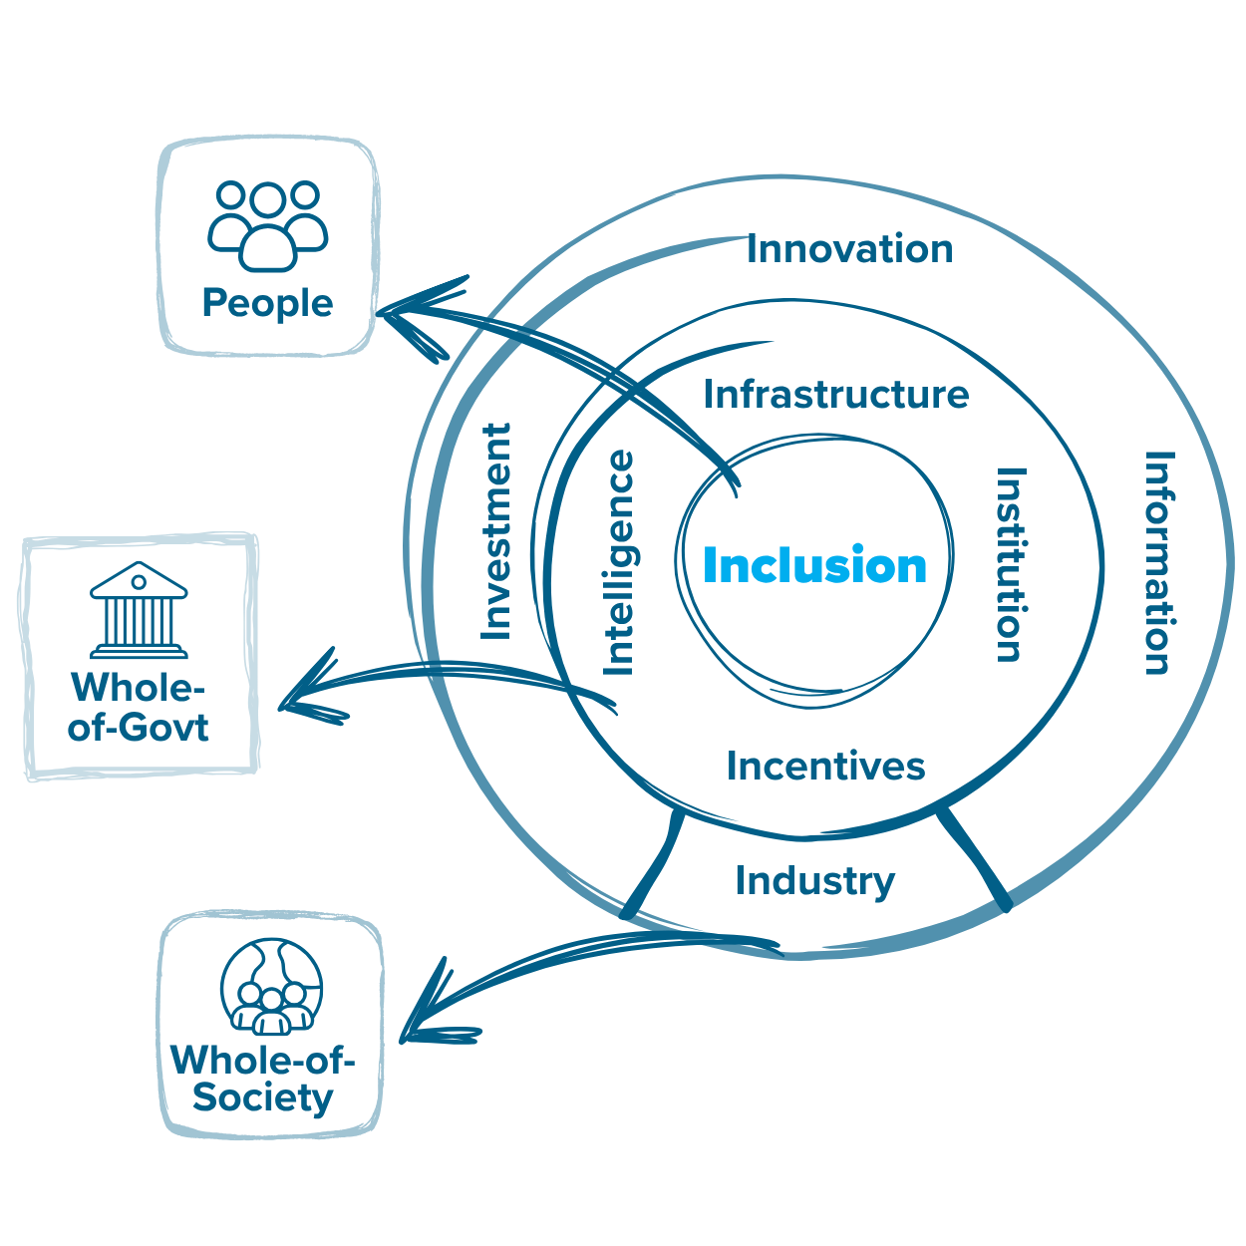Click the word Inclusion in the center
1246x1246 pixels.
[x=814, y=566]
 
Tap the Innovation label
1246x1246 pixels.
[x=849, y=249]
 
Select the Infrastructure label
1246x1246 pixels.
[x=835, y=395]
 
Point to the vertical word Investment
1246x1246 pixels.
[x=496, y=531]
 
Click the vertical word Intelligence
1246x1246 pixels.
[x=619, y=563]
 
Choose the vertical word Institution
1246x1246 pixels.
[x=1010, y=564]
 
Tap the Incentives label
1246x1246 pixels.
[x=825, y=766]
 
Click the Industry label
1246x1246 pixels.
[x=814, y=880]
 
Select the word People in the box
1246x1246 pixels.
[x=267, y=303]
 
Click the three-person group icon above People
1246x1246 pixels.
[x=267, y=225]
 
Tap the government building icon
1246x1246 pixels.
[x=139, y=610]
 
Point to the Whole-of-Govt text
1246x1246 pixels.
[x=139, y=708]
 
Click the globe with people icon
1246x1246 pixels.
[x=271, y=987]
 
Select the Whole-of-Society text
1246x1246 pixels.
[x=263, y=1079]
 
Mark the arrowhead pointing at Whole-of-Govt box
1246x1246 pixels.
[x=299, y=695]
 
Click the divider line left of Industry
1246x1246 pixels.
[x=656, y=862]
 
